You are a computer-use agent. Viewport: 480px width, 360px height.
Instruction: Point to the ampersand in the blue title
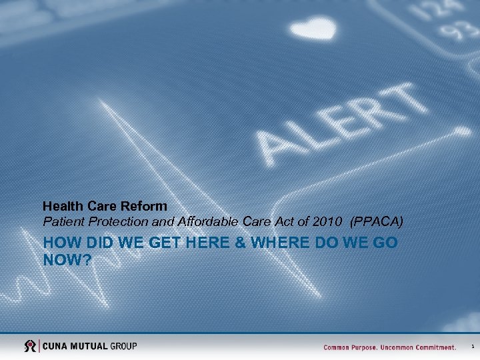point(239,243)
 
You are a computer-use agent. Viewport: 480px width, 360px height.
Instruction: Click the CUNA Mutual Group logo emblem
point(31,346)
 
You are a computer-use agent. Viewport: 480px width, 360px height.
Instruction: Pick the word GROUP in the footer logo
point(123,346)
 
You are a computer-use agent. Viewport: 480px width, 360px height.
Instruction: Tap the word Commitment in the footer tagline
point(434,347)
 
